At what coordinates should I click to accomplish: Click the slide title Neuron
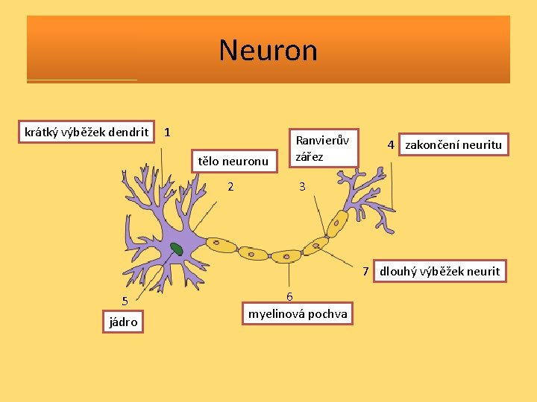(268, 51)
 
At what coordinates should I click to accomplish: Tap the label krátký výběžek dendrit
(86, 133)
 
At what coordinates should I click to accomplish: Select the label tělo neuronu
(232, 160)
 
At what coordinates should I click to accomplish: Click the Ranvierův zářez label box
(323, 147)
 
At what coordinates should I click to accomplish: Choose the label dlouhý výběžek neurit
(440, 271)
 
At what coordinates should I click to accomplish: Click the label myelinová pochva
(298, 313)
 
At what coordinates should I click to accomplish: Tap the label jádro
(123, 322)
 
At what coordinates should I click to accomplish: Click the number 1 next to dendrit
(168, 133)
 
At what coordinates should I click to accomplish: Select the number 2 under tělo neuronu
(230, 186)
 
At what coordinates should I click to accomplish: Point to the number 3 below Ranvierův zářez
(302, 187)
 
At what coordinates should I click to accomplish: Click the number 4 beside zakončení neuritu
(391, 144)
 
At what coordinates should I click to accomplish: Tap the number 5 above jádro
(125, 301)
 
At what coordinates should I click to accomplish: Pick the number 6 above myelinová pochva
(290, 297)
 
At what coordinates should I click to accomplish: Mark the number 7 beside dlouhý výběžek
(366, 271)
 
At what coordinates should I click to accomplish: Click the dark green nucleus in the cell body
(176, 249)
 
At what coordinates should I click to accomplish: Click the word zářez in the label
(310, 156)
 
